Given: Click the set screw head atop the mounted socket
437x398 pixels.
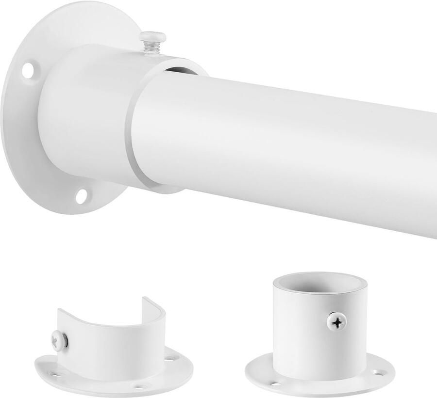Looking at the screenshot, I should click(152, 36).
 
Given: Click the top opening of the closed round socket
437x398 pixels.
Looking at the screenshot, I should click(319, 283).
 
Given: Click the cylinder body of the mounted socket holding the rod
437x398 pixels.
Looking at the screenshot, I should click(87, 116).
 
